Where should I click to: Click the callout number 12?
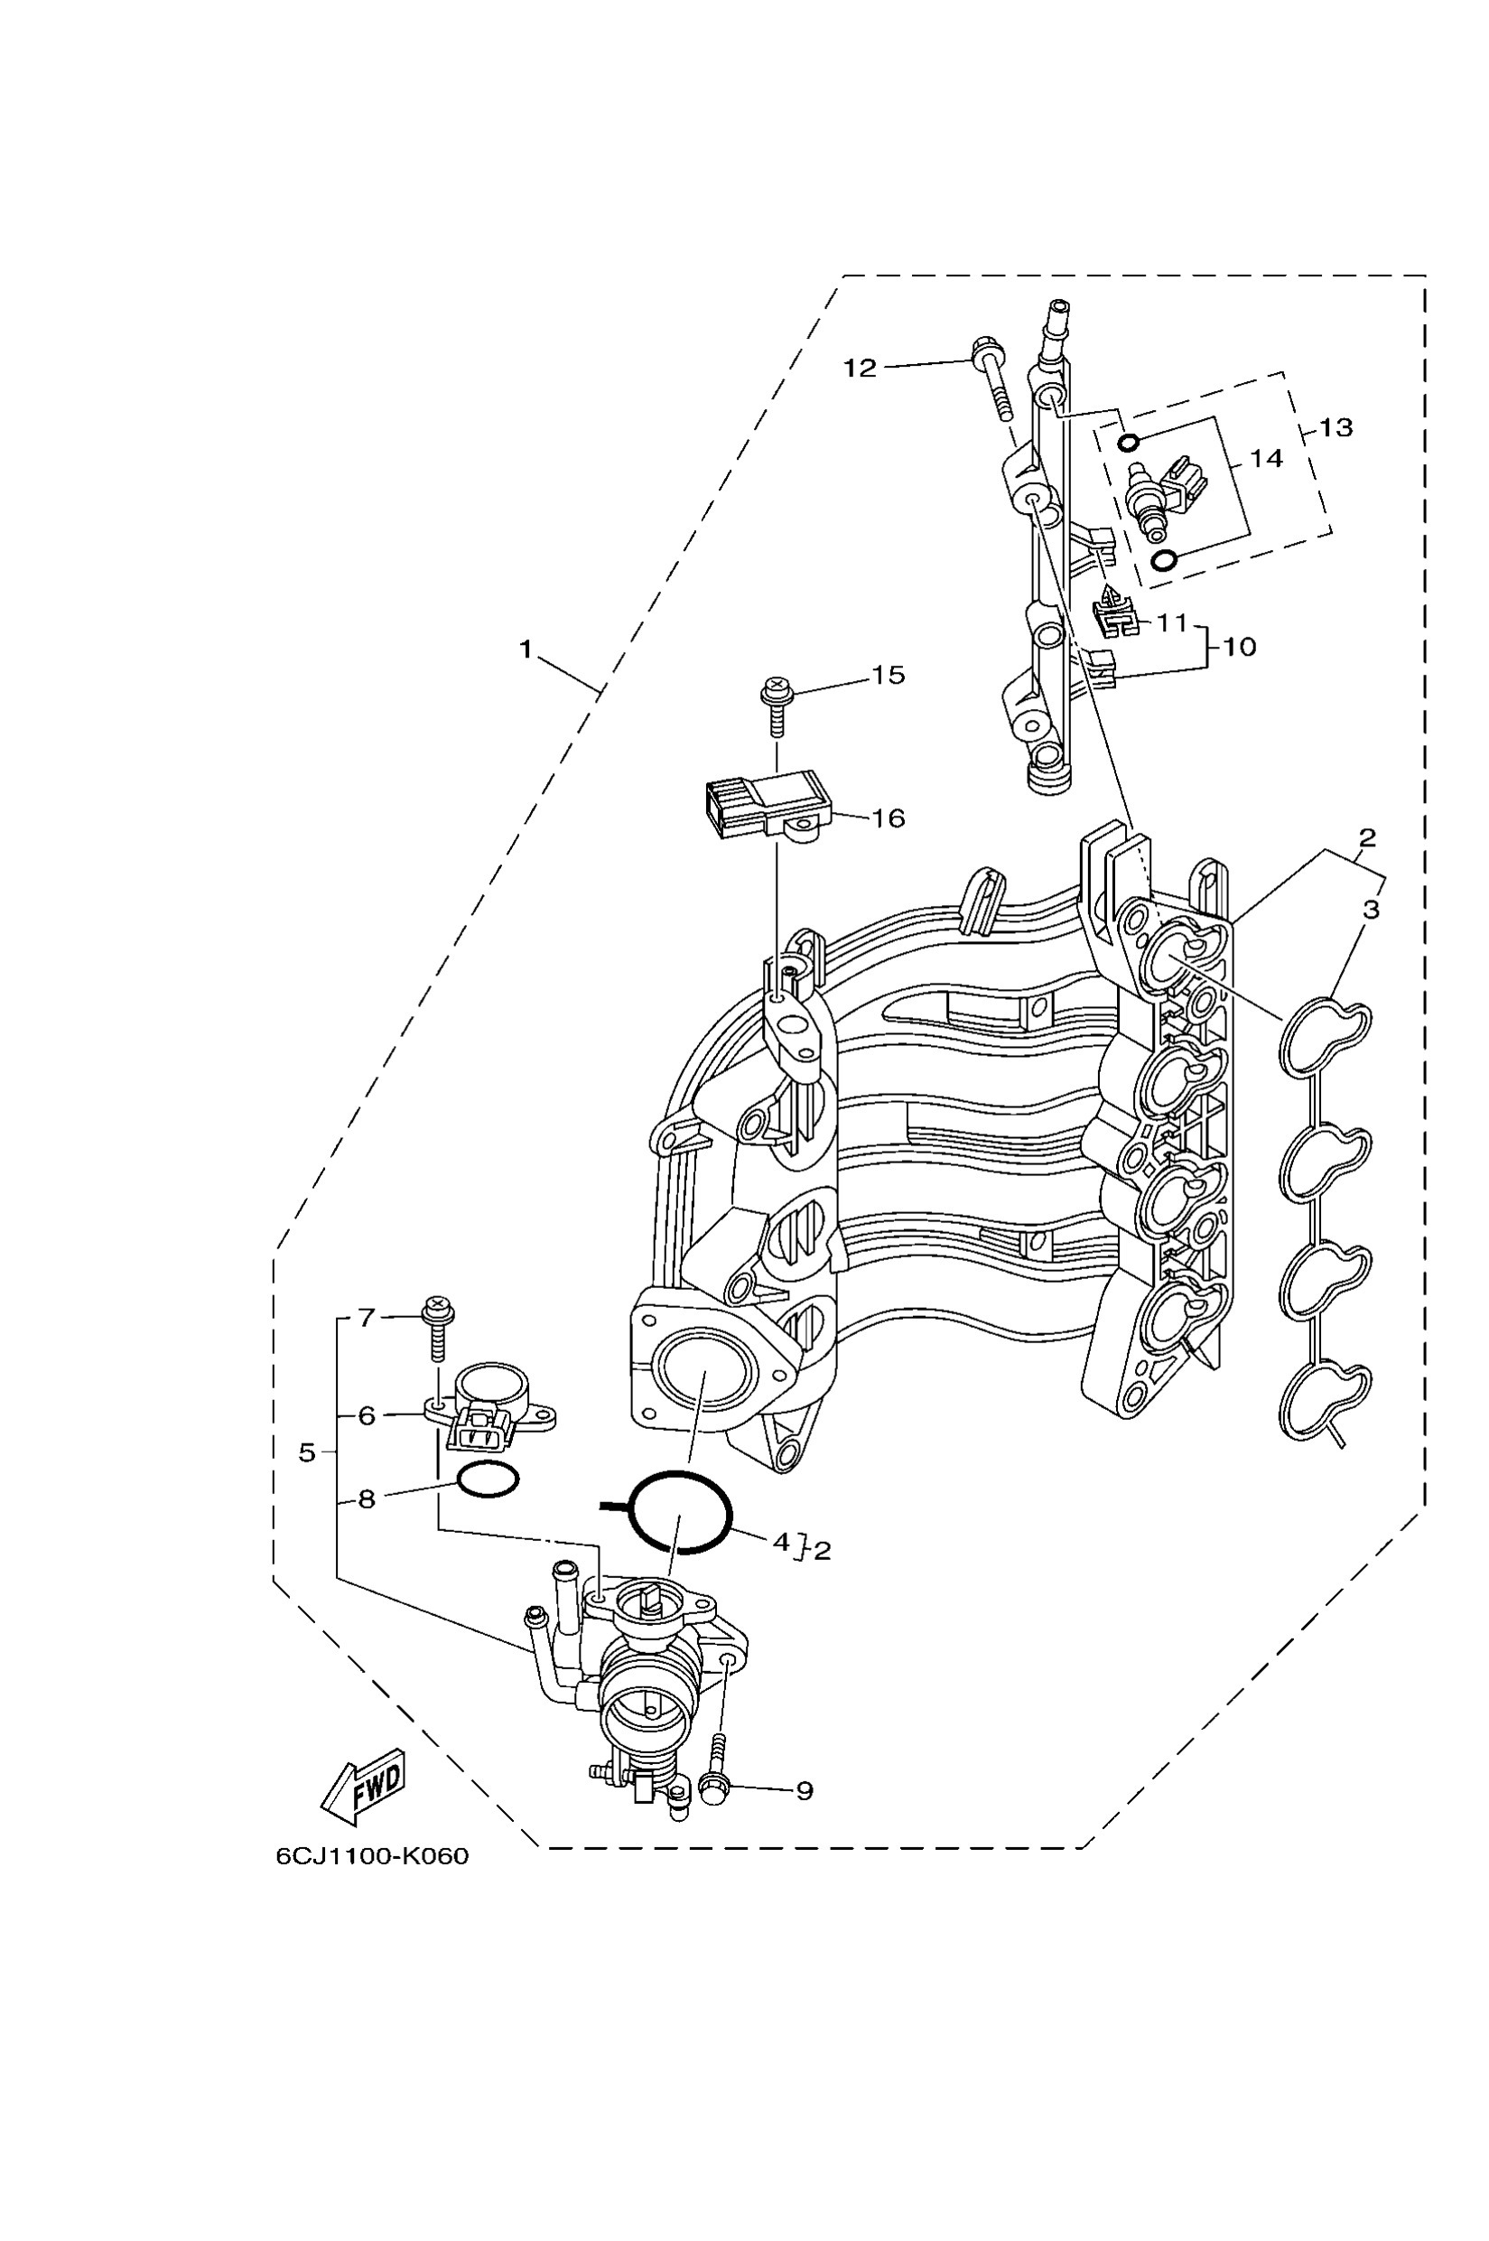[x=860, y=368]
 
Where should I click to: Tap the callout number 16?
[x=888, y=818]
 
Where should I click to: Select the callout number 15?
[x=888, y=676]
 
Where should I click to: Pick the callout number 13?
[x=1335, y=427]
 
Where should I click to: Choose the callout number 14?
[x=1266, y=459]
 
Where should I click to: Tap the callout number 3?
[x=1371, y=909]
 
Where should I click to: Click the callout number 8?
[x=367, y=1499]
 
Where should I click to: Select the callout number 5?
[x=307, y=1452]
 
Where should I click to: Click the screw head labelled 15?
[x=775, y=686]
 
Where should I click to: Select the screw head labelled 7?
[x=438, y=1312]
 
